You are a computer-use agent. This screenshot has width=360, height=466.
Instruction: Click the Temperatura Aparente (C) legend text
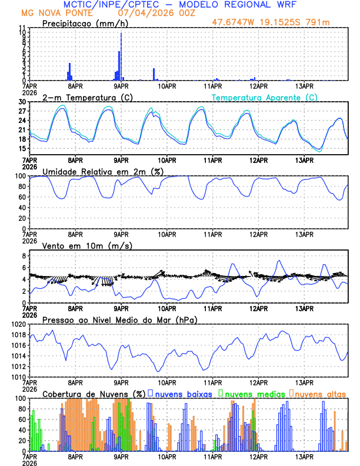point(265,97)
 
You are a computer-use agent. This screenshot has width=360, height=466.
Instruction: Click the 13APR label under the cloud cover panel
point(305,456)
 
